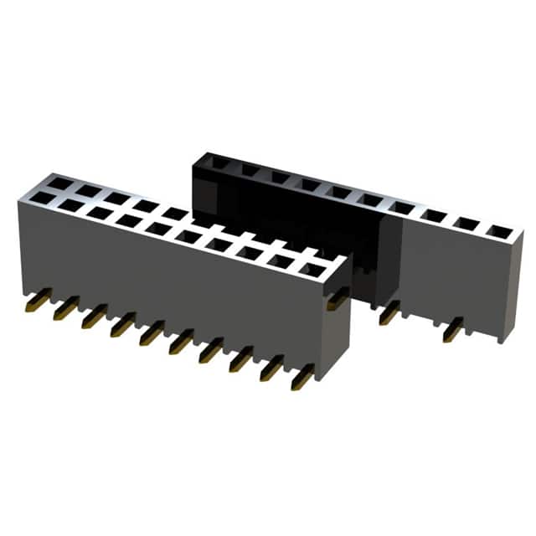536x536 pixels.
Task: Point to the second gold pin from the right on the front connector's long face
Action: pos(271,368)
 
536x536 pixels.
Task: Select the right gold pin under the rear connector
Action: pos(451,330)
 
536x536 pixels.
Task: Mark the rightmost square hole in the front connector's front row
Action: pos(312,270)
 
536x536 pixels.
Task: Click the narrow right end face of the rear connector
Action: pos(511,285)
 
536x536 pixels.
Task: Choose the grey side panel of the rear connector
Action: pos(444,268)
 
